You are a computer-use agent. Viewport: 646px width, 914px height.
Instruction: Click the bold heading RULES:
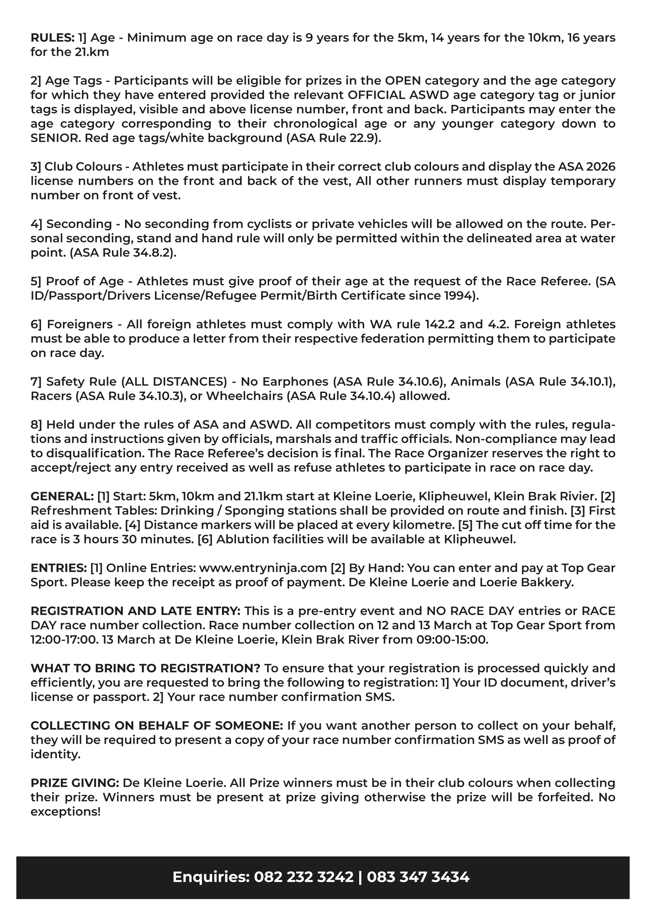[x=52, y=38]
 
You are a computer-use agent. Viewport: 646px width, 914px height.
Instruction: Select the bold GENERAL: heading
[x=62, y=496]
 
